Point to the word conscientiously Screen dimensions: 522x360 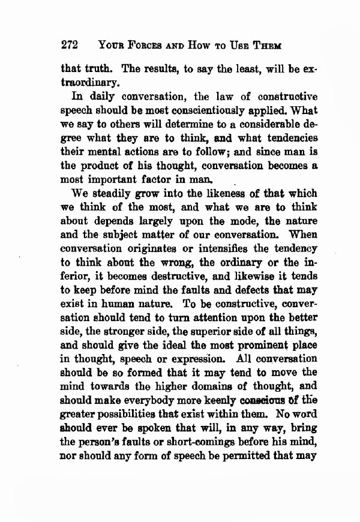pos(227,110)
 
